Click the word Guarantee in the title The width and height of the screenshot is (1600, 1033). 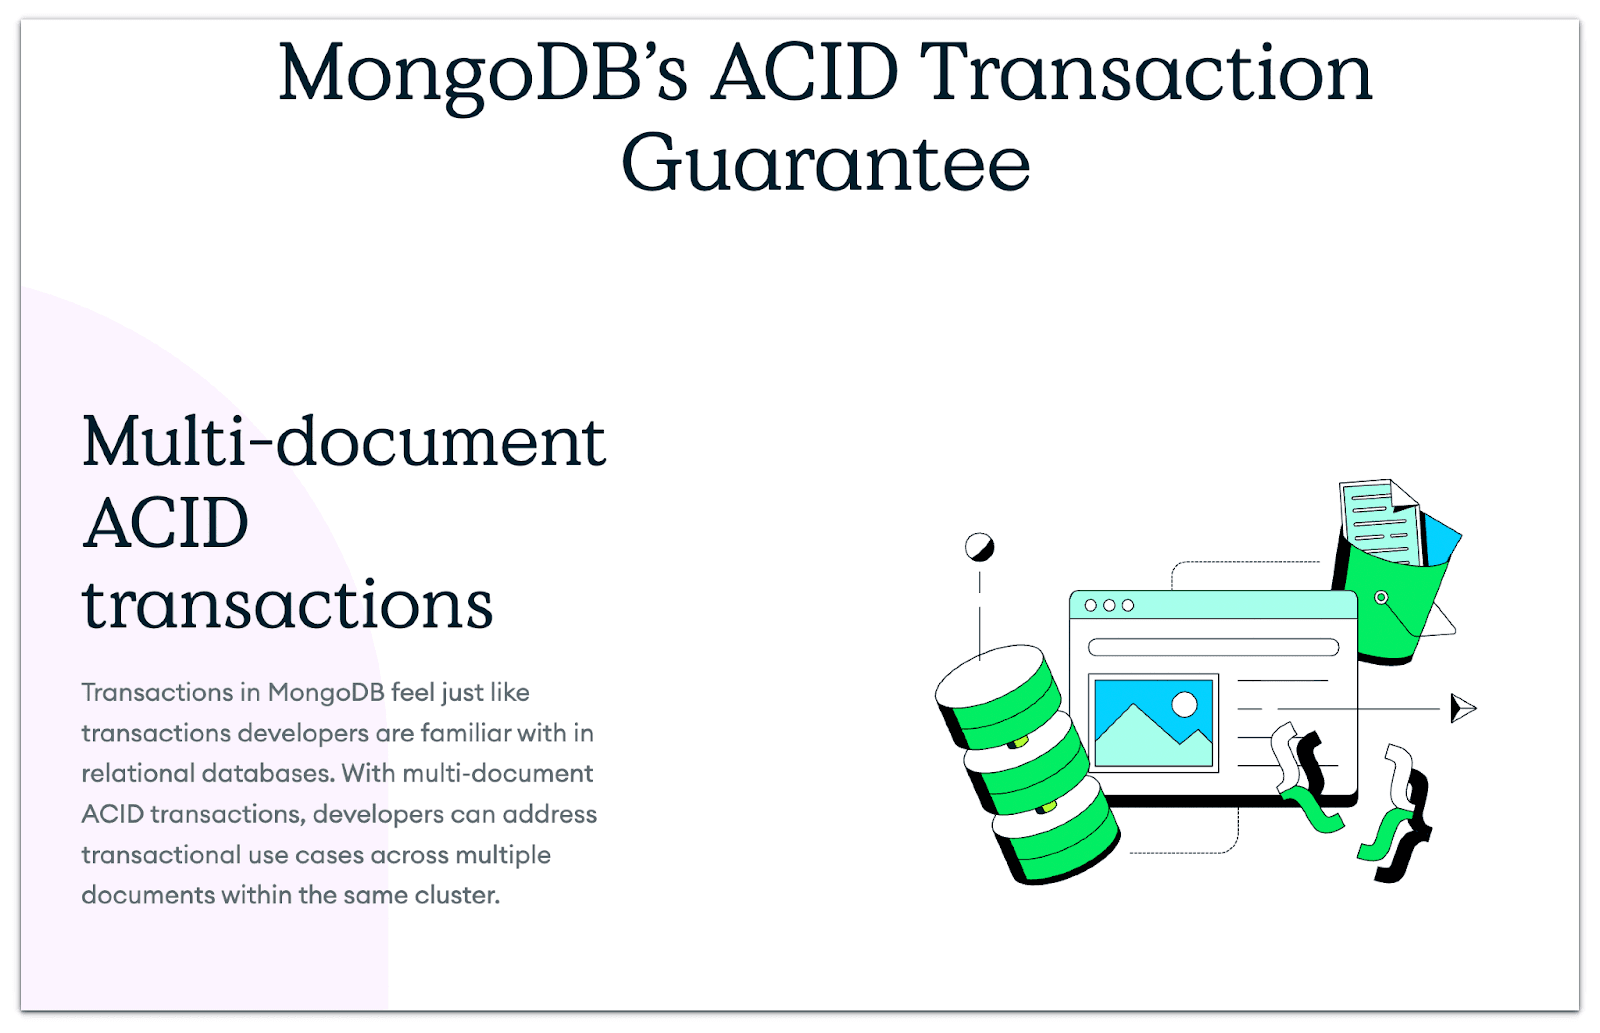click(x=825, y=164)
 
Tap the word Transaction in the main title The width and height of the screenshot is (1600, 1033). click(x=1145, y=73)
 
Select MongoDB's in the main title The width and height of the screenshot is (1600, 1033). click(x=483, y=73)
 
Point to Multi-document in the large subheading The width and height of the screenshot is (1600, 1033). click(x=344, y=441)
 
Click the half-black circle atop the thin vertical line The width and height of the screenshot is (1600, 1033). click(x=979, y=547)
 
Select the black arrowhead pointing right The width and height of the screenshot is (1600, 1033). click(x=1462, y=708)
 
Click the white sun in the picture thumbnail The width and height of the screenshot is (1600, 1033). click(x=1184, y=704)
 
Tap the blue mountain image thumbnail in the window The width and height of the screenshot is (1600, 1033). click(x=1153, y=723)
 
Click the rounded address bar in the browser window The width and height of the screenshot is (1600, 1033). click(x=1213, y=647)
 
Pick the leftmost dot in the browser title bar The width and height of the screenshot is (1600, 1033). click(x=1091, y=605)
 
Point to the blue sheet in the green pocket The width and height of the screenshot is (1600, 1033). click(x=1442, y=540)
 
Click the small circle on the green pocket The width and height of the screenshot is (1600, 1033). click(x=1381, y=597)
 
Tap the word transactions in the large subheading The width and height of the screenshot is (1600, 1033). click(x=288, y=605)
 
